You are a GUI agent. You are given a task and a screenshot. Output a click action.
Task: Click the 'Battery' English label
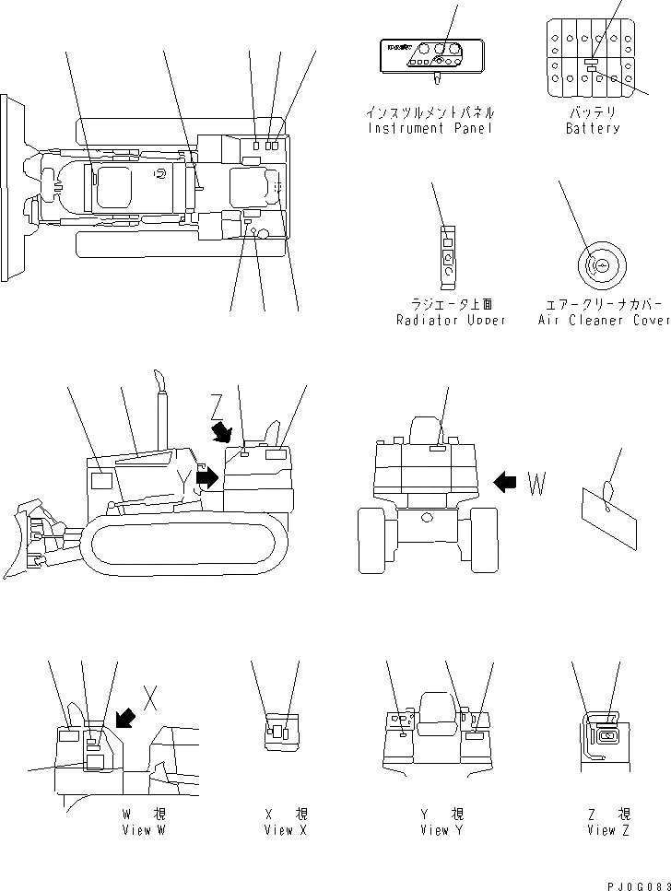(x=592, y=128)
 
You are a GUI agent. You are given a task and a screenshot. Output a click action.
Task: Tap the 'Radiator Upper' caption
(x=450, y=320)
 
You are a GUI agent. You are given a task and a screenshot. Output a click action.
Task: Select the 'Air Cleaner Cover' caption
(x=604, y=320)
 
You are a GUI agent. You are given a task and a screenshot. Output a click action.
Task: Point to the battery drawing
(x=592, y=57)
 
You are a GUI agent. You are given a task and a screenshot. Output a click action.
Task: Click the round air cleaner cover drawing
(x=600, y=265)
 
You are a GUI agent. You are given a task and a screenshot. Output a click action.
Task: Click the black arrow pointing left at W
(x=506, y=481)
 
